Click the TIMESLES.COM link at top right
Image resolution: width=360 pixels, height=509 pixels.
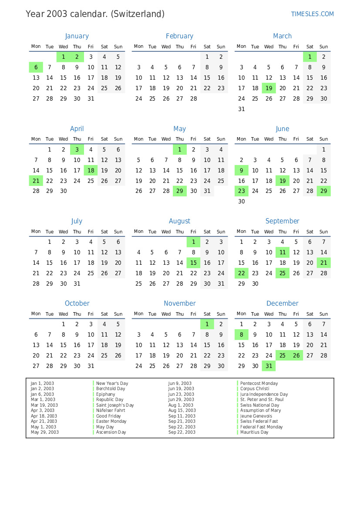click(312, 14)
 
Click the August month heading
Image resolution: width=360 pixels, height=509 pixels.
click(179, 221)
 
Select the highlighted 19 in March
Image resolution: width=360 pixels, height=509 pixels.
click(269, 88)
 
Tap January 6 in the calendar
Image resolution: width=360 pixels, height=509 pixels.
click(36, 67)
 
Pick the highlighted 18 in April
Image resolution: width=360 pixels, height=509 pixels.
click(91, 171)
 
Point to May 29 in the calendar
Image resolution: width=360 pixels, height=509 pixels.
click(179, 191)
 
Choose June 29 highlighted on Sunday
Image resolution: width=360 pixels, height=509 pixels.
click(323, 191)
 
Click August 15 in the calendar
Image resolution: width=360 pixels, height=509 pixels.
click(193, 263)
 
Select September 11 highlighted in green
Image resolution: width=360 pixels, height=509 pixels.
click(283, 253)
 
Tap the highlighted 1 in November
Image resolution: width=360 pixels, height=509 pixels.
click(207, 324)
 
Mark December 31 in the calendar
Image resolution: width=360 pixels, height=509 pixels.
click(269, 366)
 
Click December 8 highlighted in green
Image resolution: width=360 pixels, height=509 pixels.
click(241, 334)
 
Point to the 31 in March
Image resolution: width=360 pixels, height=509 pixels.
click(241, 109)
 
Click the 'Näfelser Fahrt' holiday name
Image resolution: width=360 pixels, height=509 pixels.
click(110, 411)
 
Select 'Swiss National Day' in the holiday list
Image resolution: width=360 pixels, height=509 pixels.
click(259, 405)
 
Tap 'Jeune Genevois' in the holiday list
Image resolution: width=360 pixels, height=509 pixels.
click(256, 416)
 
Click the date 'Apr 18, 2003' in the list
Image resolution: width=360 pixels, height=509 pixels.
click(44, 416)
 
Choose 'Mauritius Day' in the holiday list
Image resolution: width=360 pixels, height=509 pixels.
click(254, 432)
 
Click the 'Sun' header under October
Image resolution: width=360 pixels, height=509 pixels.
click(118, 314)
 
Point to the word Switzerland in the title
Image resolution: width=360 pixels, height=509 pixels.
click(138, 14)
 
